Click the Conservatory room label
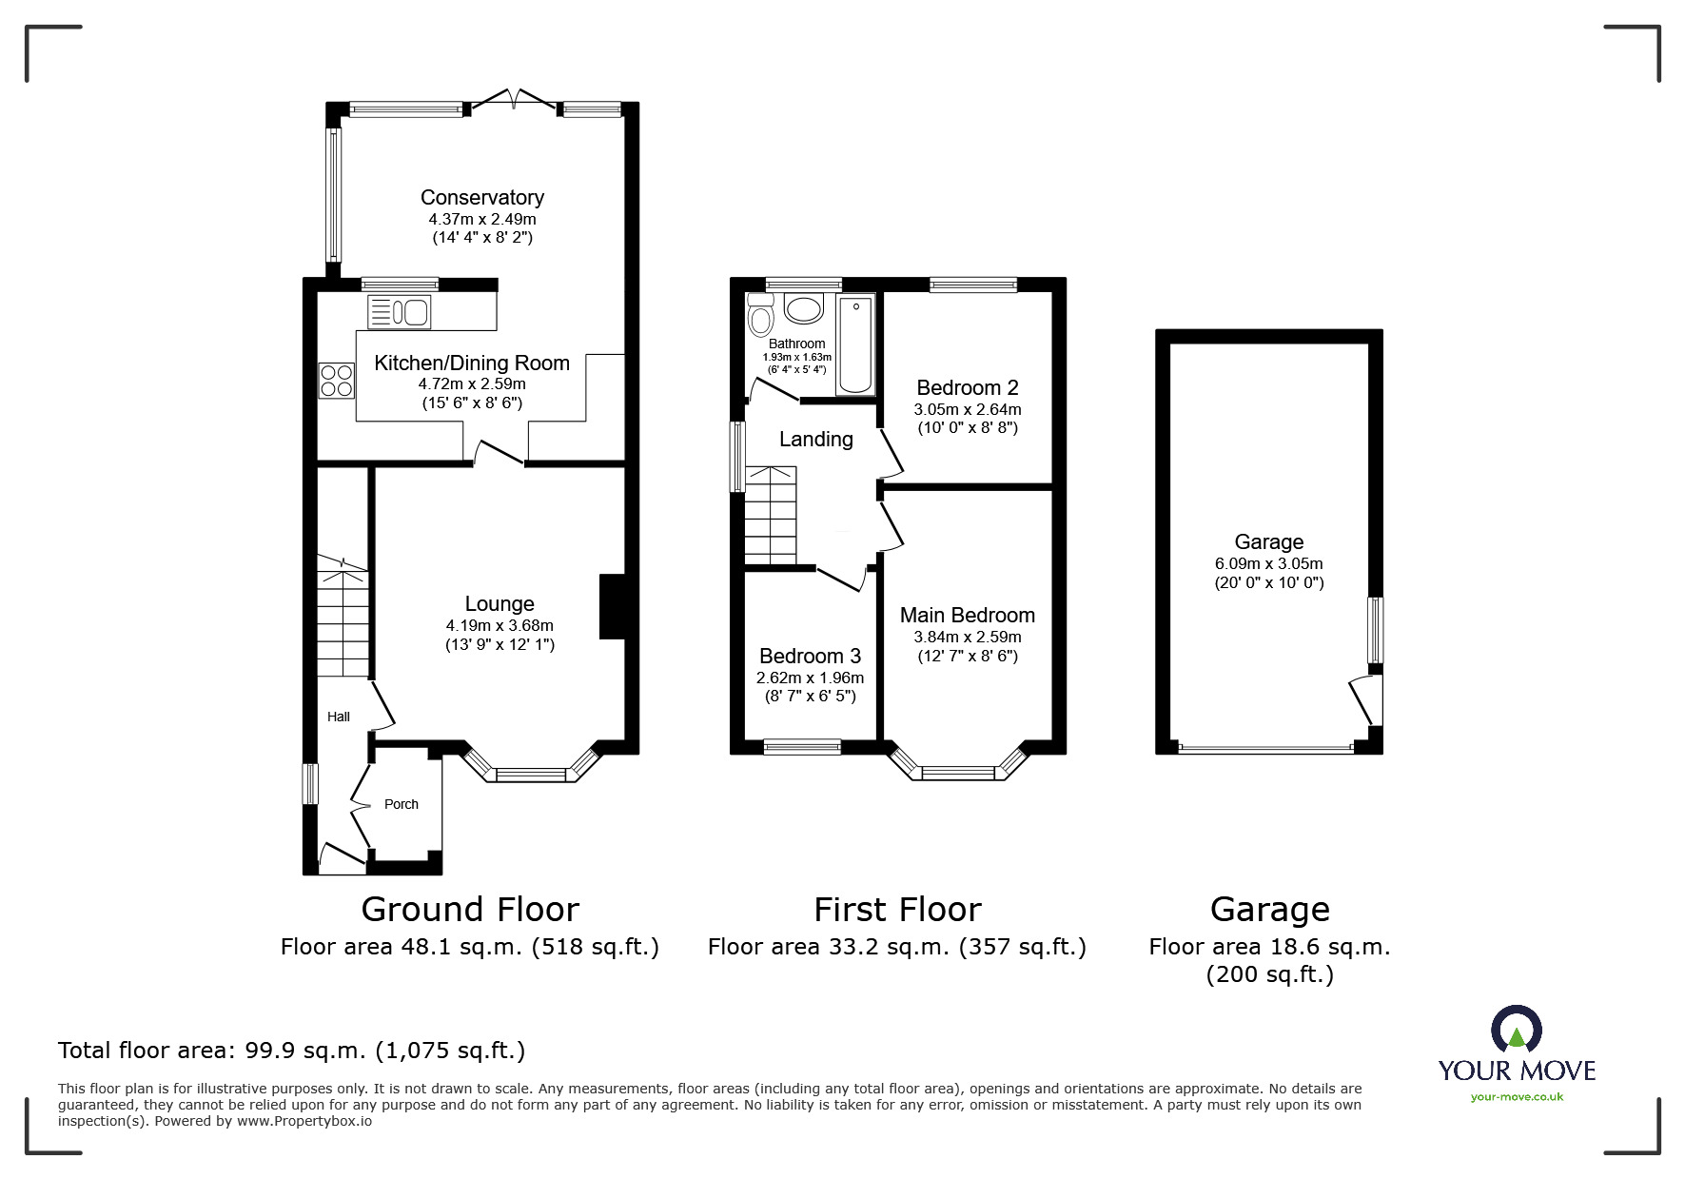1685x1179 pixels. coord(481,197)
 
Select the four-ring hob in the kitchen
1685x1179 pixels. coord(336,381)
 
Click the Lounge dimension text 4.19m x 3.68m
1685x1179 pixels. coord(499,625)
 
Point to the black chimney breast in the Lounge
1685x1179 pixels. coord(612,606)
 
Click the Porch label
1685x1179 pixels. coord(401,804)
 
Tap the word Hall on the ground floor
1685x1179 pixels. coord(338,717)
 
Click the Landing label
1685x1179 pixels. coord(815,439)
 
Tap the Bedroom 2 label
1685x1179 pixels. coord(967,387)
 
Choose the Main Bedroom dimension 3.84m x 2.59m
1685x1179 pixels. coord(967,637)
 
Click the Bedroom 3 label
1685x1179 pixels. coord(810,656)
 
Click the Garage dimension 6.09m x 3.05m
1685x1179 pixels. coord(1268,563)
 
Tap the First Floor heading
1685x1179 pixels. coord(896,910)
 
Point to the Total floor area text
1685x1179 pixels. coord(291,1051)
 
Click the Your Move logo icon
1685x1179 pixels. coord(1516,1032)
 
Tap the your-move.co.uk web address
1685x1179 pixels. coord(1516,1097)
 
